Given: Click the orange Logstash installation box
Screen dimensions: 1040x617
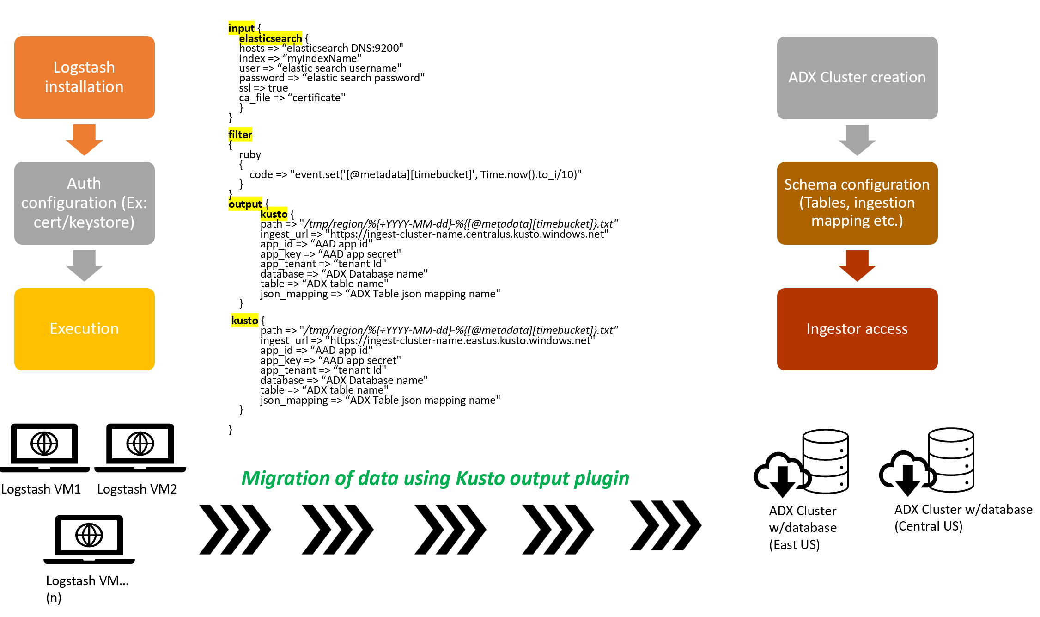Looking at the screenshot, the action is pos(85,77).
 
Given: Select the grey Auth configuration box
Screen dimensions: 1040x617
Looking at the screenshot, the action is pos(85,203).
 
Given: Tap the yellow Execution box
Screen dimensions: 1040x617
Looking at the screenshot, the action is pos(85,329).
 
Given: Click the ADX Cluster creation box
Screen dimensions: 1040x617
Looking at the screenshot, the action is pos(857,78).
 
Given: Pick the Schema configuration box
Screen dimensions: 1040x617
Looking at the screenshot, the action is pos(857,203).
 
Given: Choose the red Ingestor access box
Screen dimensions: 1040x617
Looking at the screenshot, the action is pos(857,329).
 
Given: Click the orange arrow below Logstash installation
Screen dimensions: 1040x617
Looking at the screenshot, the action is pos(84,140).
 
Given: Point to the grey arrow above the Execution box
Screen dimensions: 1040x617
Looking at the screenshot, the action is pos(84,265).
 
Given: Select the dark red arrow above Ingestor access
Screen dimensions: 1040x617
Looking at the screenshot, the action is pos(857,265).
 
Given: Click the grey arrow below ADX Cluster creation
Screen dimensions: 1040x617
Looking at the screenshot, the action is pos(857,140).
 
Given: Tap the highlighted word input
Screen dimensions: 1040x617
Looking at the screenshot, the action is pos(241,28).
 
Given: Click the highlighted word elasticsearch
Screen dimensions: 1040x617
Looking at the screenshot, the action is pos(270,38).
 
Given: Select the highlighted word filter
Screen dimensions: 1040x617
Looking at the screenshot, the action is pos(240,135).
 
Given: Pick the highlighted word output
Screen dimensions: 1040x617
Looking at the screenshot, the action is pos(245,204).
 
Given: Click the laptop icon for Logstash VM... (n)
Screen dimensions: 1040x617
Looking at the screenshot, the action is pos(89,539).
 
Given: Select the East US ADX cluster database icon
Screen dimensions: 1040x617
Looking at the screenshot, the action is pos(801,463).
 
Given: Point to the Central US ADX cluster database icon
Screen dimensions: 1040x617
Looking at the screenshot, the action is pos(926,462).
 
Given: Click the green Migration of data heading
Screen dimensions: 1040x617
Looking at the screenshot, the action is pos(435,478).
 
